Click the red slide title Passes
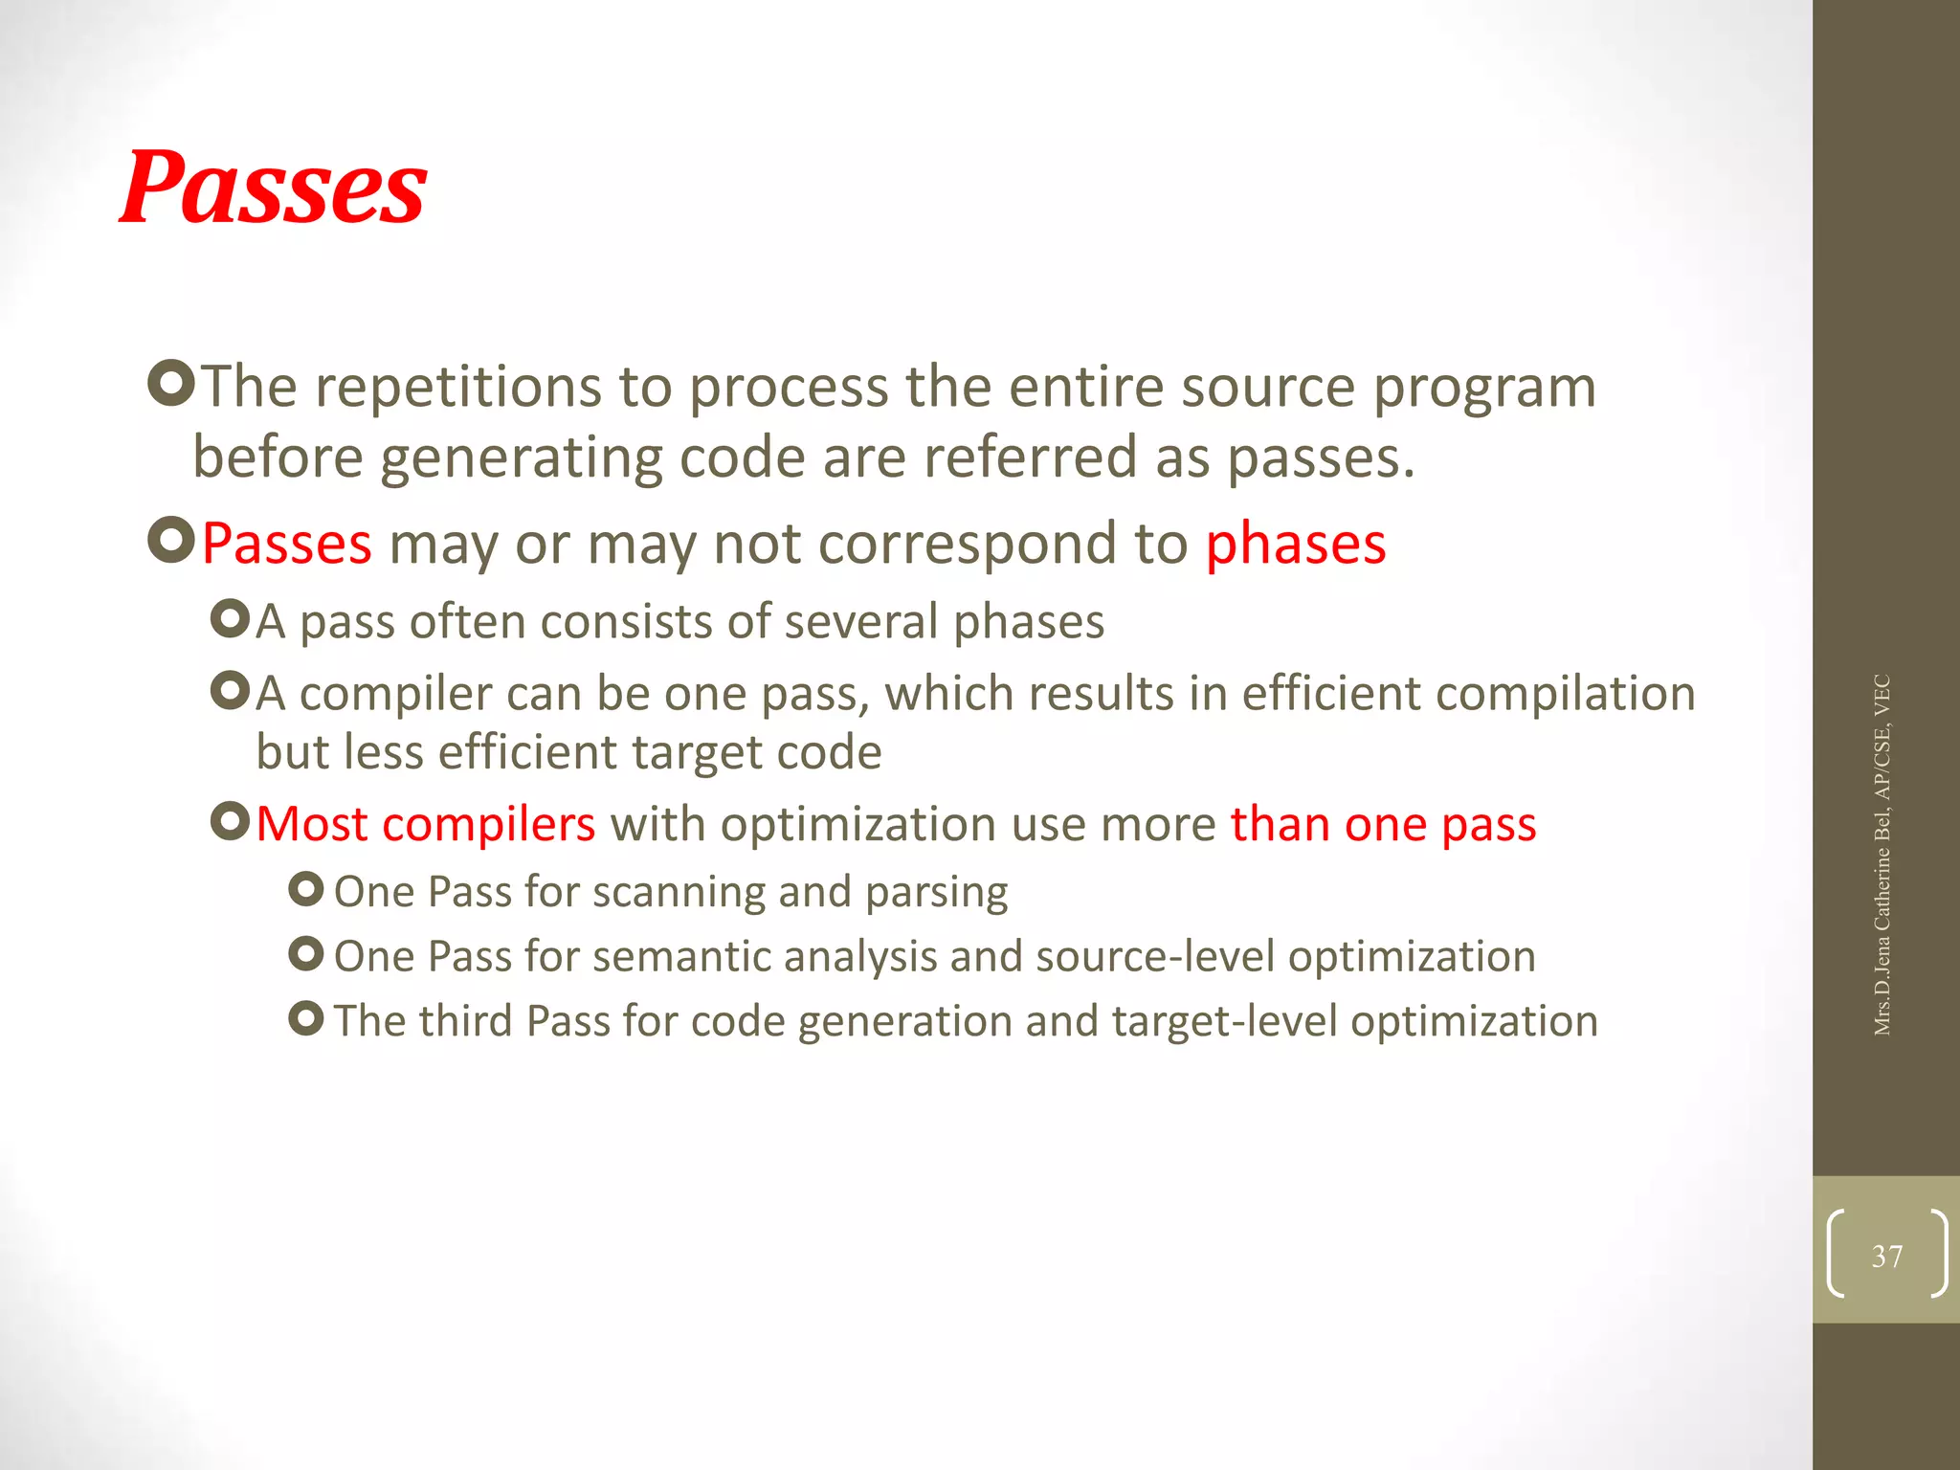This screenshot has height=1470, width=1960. coord(273,188)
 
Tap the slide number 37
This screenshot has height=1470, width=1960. coord(1886,1256)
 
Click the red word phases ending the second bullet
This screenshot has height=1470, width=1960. coord(1295,544)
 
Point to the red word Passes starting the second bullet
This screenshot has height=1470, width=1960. coord(286,544)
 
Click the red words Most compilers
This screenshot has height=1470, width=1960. coord(426,824)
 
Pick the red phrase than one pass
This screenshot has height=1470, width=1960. coord(1383,824)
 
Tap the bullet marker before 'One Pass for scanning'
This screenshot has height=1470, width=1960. coord(305,890)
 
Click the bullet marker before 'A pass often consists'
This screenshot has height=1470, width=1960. coord(230,619)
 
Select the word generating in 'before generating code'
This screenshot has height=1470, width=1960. coord(522,458)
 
